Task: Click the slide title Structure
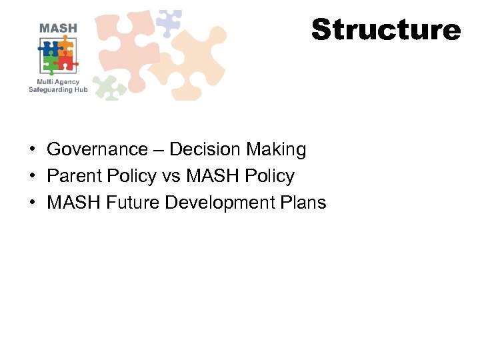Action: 386,30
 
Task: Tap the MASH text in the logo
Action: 58,29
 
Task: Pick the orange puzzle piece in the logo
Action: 65,47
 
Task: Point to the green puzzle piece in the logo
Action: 49,63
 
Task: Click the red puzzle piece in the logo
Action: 65,63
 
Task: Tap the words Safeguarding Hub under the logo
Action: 59,90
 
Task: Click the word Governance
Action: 97,150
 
